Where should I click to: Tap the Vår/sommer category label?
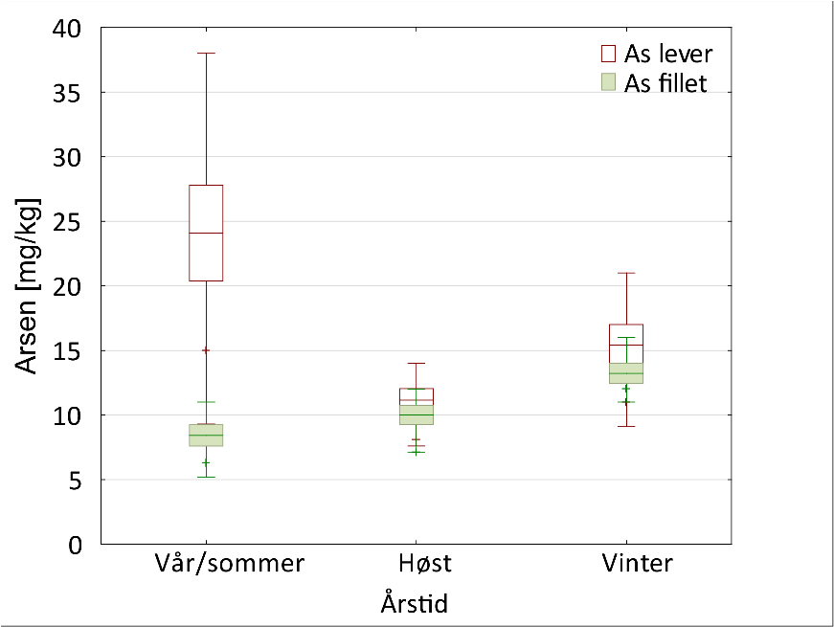pos(230,563)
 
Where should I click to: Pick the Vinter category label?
pos(638,563)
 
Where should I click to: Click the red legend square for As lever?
pos(607,52)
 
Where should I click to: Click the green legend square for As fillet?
pos(607,83)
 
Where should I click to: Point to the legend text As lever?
pos(668,52)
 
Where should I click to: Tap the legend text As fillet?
pos(665,83)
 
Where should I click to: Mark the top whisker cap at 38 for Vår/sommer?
pos(206,54)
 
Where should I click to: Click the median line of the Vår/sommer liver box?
pos(206,233)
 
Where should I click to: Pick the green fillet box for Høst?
pos(416,414)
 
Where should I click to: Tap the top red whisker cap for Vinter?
pos(626,273)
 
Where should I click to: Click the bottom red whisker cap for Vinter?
pos(626,426)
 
